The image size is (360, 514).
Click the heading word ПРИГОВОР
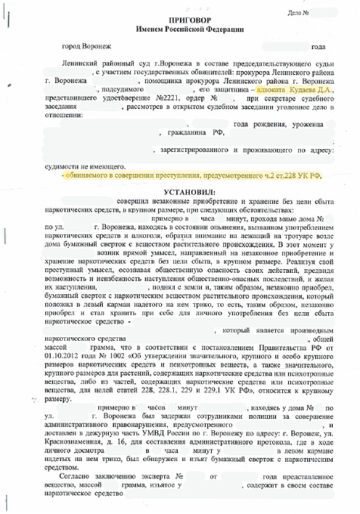click(179, 16)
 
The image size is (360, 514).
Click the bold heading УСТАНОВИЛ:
click(180, 193)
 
